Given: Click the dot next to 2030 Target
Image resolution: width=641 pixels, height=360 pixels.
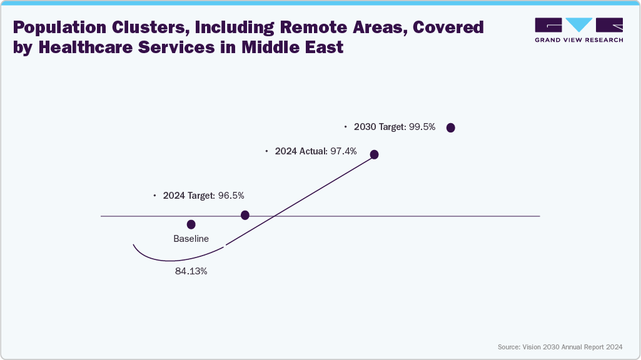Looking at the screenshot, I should point(450,127).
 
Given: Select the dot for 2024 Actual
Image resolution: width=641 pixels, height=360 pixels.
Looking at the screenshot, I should point(375,154).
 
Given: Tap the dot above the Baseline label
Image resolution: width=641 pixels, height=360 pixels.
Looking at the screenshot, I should point(191,224).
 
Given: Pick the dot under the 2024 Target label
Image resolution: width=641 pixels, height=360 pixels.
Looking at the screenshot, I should point(245,215).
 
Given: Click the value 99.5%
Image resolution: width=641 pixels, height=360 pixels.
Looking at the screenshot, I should point(422,127).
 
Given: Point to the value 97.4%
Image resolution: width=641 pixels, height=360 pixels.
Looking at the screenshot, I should point(344,151).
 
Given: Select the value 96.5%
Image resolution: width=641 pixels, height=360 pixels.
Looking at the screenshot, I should point(231,196).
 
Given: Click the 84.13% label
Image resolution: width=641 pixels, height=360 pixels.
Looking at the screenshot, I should point(191,272).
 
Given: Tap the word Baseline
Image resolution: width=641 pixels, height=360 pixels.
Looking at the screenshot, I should point(191,239).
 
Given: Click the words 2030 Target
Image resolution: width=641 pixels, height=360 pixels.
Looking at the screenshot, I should point(380,127).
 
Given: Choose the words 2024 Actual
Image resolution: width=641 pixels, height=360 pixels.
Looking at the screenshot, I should point(301,151).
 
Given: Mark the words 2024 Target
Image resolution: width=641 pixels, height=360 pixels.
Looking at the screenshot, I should point(189,196).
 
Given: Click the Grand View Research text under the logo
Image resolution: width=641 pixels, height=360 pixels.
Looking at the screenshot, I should point(578,40).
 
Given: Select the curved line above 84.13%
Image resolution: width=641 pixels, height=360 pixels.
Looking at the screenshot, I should point(175,257).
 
